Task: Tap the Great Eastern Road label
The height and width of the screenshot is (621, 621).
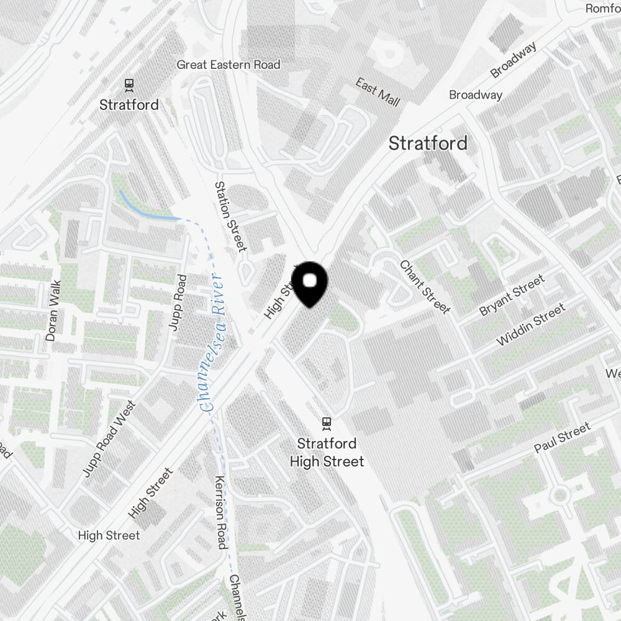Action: coord(229,65)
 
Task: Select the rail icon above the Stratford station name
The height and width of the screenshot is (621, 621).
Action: coord(129,84)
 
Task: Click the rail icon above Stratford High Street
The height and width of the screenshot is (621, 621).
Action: coord(327,424)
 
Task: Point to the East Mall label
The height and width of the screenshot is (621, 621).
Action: coord(378,92)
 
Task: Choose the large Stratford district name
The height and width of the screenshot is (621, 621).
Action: coord(428,143)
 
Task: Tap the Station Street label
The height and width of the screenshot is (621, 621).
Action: coord(230,216)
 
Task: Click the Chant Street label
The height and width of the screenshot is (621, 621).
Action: coord(425,286)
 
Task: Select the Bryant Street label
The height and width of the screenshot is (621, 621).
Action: coord(512,295)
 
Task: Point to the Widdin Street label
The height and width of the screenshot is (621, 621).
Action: coord(531,325)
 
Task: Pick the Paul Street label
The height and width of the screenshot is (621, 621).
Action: coord(563,438)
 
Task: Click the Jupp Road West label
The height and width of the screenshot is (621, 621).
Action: coord(109,440)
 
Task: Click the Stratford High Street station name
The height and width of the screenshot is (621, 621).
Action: coord(327,452)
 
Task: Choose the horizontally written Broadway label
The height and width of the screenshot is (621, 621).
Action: coord(476,95)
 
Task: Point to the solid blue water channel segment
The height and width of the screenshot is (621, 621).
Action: coord(148,210)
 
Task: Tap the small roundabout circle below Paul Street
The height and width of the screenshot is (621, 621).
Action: coord(560,495)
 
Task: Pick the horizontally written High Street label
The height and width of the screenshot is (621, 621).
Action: coord(109,535)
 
